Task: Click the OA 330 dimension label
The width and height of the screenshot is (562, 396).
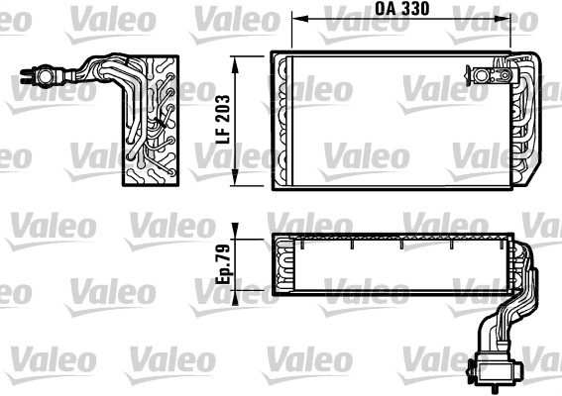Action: point(401,9)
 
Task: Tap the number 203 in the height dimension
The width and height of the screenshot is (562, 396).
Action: point(223,107)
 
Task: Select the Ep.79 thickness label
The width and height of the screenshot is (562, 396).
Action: point(223,264)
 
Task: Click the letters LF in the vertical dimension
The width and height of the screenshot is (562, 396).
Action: point(223,134)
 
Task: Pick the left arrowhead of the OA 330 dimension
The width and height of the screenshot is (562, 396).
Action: point(300,18)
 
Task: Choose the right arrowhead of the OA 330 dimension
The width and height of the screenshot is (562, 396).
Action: point(502,18)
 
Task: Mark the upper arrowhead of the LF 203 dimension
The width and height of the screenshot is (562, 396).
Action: point(235,64)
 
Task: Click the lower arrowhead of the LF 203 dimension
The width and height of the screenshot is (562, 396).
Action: point(235,177)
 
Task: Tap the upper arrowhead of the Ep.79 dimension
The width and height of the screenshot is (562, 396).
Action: point(235,231)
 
